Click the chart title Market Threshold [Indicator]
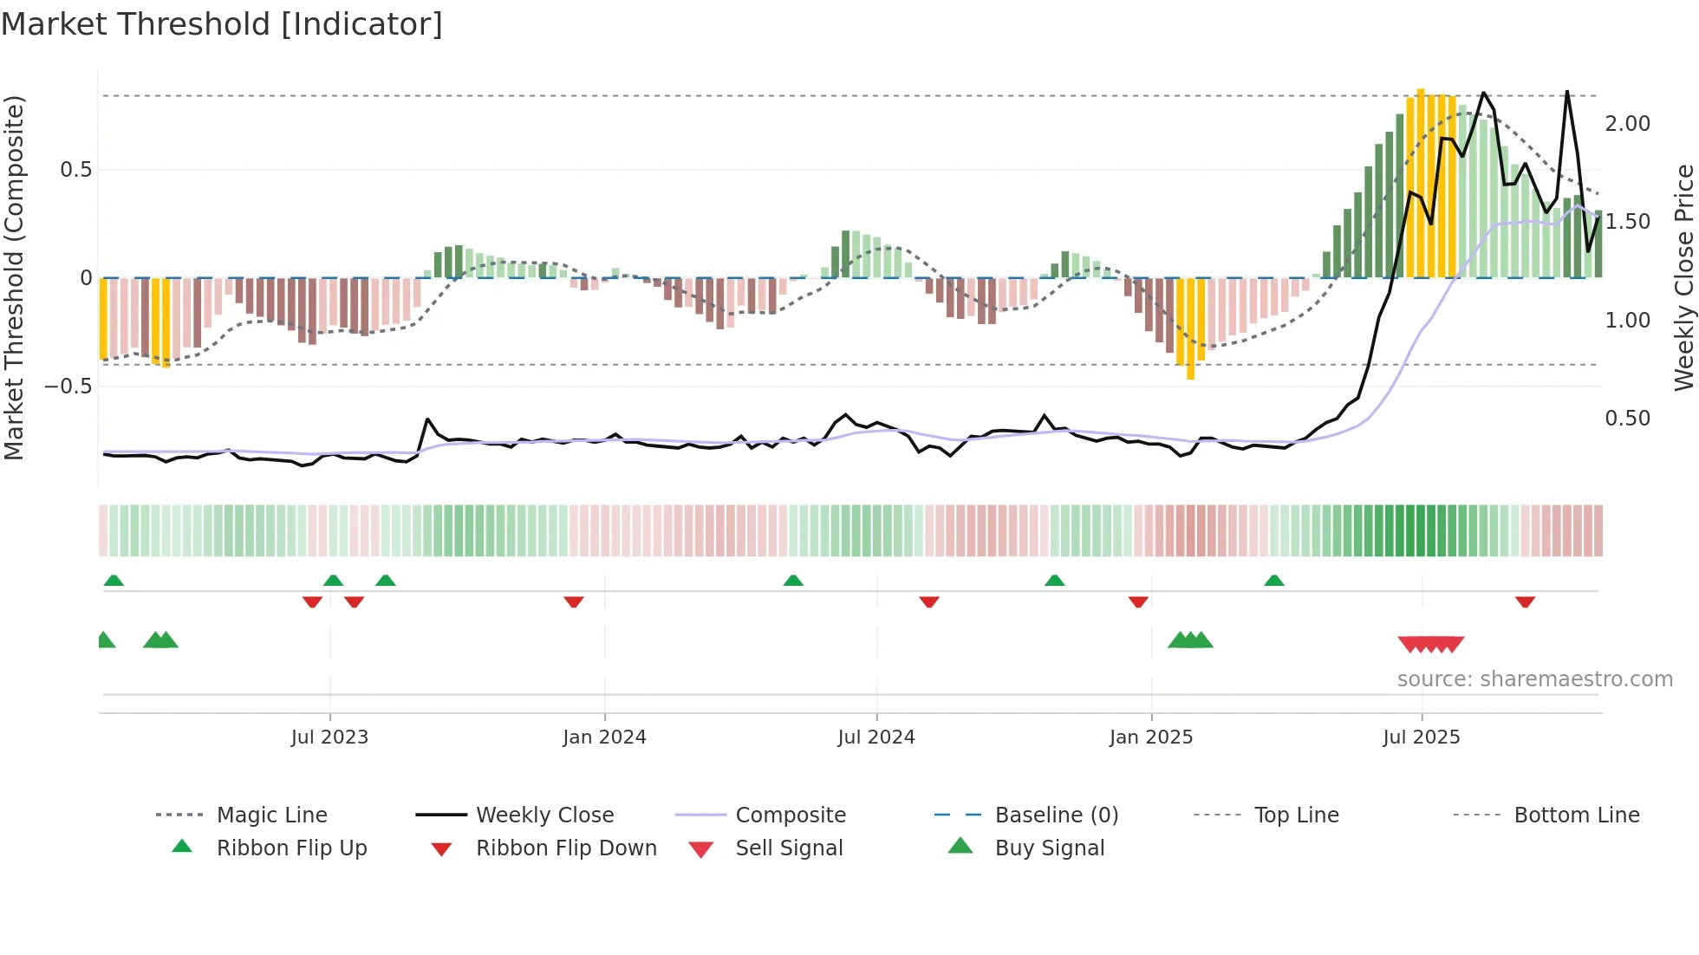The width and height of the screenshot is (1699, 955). point(222,24)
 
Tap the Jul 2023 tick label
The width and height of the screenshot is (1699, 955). point(329,737)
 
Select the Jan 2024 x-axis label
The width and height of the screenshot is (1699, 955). point(604,737)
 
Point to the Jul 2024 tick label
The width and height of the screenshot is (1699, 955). point(876,737)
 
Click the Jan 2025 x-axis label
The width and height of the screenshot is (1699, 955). point(1151,737)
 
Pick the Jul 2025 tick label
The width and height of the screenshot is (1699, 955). point(1422,737)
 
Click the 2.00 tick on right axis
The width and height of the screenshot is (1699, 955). point(1627,124)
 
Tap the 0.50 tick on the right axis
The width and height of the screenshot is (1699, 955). point(1627,419)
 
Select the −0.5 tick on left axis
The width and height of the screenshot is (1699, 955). point(68,387)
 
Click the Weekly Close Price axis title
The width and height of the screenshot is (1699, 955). point(1683,277)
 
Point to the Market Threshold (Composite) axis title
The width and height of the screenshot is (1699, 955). point(14,277)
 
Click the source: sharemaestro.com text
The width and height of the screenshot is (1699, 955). point(1534,679)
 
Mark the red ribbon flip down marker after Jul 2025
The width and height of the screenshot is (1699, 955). point(1525,601)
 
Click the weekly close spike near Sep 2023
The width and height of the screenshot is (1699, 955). point(428,419)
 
